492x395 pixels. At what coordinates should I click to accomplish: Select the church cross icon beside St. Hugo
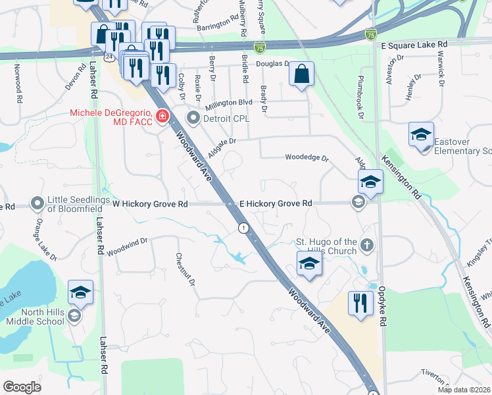point(368,246)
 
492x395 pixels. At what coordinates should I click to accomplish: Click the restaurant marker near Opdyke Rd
point(360,303)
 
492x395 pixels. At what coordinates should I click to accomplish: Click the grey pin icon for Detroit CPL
point(193,119)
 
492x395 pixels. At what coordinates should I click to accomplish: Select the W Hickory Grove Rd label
point(150,204)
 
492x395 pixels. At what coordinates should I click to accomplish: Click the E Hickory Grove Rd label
point(275,204)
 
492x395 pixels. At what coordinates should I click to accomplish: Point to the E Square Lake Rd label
point(414,43)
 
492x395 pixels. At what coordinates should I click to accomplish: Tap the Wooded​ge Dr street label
point(306,157)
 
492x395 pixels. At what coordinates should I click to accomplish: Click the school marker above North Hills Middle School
point(80,292)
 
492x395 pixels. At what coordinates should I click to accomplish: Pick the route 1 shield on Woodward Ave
point(244,228)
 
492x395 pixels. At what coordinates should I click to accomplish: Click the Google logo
point(22,386)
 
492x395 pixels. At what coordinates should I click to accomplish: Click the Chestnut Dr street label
point(185,269)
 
